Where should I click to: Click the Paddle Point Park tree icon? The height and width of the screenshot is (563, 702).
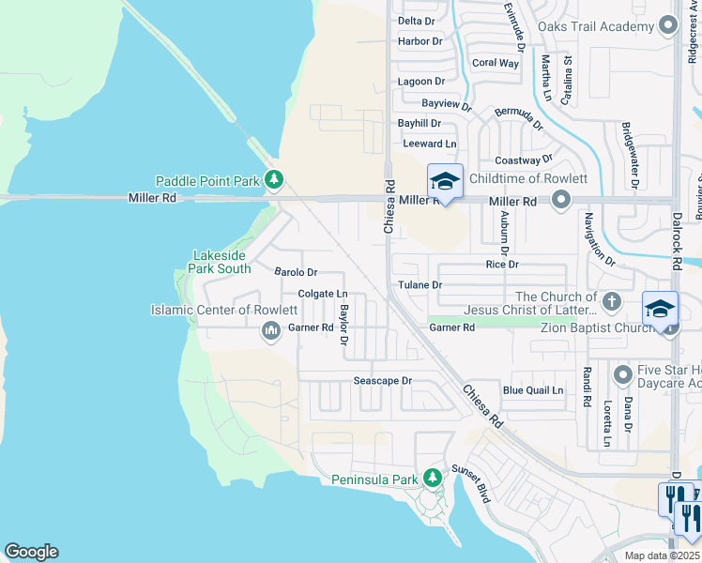click(x=273, y=178)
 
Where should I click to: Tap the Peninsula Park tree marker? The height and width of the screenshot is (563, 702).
click(x=433, y=479)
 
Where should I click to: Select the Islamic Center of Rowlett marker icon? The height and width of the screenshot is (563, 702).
click(x=270, y=329)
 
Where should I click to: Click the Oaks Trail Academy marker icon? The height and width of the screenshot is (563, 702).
click(x=667, y=25)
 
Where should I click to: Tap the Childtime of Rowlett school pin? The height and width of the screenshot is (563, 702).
click(x=445, y=181)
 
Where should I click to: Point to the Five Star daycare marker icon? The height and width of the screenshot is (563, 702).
click(x=622, y=375)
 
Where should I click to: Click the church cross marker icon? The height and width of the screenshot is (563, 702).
click(x=612, y=301)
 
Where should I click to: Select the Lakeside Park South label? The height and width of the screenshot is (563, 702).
click(x=221, y=262)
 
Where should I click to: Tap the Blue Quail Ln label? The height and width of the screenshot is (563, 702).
click(x=533, y=390)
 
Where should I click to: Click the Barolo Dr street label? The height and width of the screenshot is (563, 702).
click(x=297, y=272)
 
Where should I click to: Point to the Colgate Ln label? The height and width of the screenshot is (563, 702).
click(x=323, y=294)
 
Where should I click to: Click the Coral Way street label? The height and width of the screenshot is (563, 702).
click(x=496, y=63)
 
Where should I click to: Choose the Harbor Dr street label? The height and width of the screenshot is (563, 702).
click(x=420, y=41)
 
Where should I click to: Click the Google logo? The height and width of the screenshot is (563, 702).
click(x=31, y=552)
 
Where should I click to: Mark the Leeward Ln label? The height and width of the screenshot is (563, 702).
click(x=429, y=144)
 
